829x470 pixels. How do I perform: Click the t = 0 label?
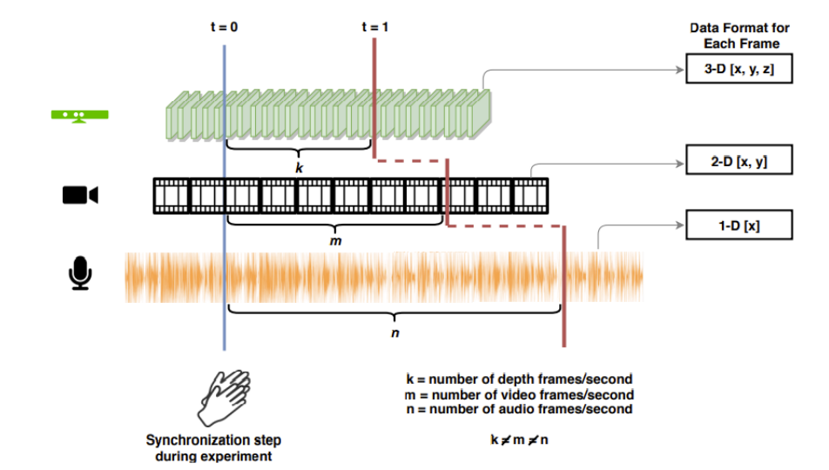[x=224, y=27]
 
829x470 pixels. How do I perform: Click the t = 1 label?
[x=374, y=27]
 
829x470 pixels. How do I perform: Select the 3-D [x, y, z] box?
[x=738, y=70]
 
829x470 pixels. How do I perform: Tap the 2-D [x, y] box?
[x=738, y=161]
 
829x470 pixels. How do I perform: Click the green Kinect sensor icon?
[x=80, y=116]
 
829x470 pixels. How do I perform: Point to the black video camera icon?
[x=80, y=195]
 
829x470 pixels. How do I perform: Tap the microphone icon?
[x=80, y=272]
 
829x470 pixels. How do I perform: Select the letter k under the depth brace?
[x=299, y=168]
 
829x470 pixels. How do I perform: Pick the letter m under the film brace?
[x=334, y=238]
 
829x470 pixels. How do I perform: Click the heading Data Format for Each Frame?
[x=739, y=36]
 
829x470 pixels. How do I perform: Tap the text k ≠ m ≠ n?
[x=519, y=440]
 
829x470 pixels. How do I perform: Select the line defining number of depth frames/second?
[x=519, y=379]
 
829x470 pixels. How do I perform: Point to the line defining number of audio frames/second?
[x=519, y=409]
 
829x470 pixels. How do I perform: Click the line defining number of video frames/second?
[x=519, y=394]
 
